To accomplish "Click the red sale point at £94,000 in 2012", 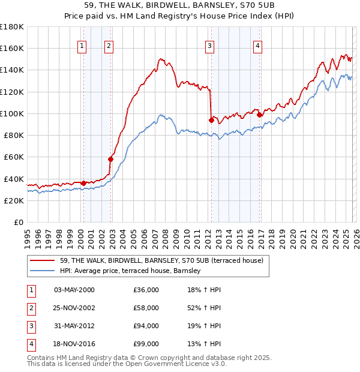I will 211,120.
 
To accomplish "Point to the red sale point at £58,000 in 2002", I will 110,159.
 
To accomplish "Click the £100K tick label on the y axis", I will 11,113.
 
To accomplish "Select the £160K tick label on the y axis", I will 11,48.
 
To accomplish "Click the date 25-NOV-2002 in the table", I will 74,308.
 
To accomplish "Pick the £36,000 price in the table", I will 146,290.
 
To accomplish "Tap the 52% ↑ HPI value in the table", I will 204,308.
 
